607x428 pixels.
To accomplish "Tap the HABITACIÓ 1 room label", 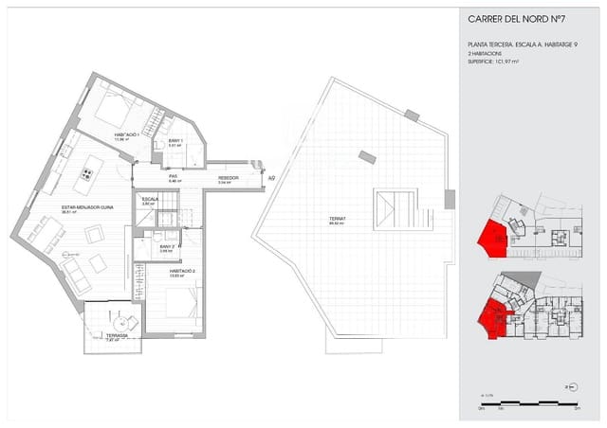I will pyautogui.click(x=127, y=134).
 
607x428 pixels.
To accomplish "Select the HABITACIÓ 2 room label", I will pyautogui.click(x=183, y=271).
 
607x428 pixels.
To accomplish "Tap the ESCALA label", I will pyautogui.click(x=150, y=201).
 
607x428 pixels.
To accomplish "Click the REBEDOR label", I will pyautogui.click(x=228, y=177).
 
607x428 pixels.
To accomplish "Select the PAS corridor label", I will pyautogui.click(x=174, y=176).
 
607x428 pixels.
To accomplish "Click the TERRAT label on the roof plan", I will pyautogui.click(x=336, y=220).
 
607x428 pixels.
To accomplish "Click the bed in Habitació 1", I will pyautogui.click(x=112, y=111).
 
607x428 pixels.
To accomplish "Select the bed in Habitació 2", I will pyautogui.click(x=171, y=302).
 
